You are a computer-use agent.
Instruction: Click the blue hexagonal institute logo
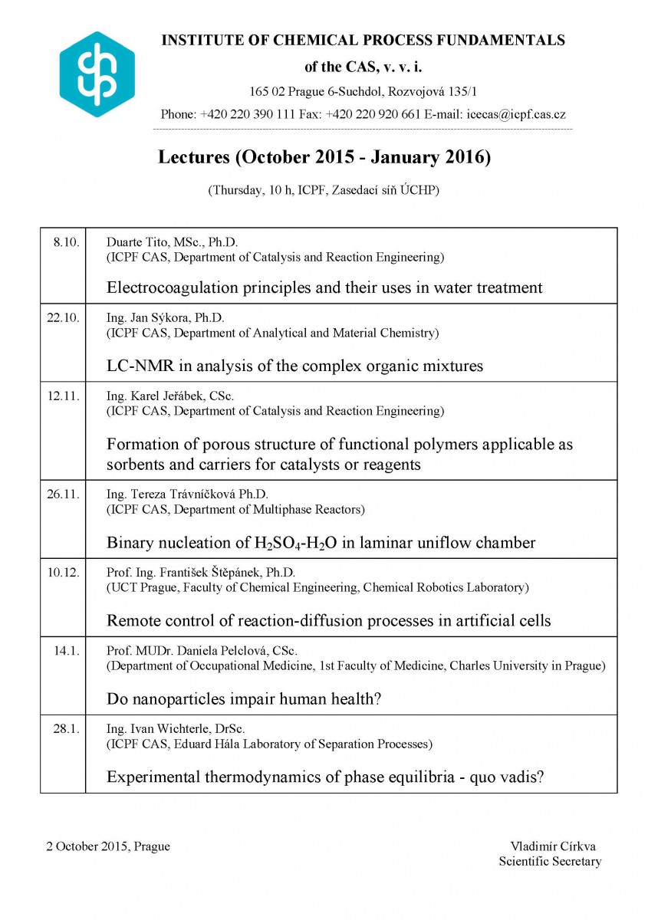(97, 74)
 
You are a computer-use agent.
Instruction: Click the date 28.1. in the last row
(66, 729)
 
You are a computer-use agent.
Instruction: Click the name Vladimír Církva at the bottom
(553, 846)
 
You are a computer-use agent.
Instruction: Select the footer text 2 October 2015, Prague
(107, 846)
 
